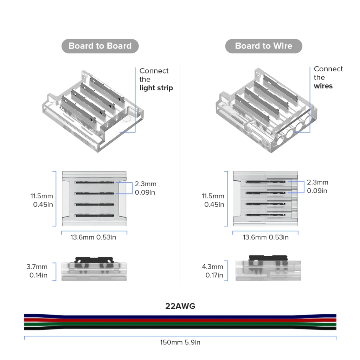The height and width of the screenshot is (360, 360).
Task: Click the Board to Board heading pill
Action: [x=100, y=46]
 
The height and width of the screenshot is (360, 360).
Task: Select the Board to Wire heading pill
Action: [x=263, y=46]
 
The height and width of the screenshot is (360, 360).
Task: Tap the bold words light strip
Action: [x=156, y=88]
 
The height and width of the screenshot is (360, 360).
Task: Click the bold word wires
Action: [x=323, y=86]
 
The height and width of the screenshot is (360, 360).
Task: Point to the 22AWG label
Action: [x=180, y=306]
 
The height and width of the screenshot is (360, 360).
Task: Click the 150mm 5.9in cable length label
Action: [x=180, y=342]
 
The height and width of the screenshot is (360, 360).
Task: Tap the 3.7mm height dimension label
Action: [x=37, y=267]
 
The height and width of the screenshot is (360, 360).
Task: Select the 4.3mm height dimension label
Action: [x=212, y=267]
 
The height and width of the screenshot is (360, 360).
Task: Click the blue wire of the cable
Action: [x=180, y=316]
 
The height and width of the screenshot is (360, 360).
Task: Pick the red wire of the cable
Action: [x=180, y=320]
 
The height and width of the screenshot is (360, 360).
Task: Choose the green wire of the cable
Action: [x=180, y=324]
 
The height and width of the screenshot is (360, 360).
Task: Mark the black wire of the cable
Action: [x=180, y=328]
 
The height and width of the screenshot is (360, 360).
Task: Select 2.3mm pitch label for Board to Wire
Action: [x=317, y=182]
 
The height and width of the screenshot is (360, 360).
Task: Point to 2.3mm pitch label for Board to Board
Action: [x=146, y=184]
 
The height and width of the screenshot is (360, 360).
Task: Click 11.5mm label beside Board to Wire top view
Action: [x=212, y=196]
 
